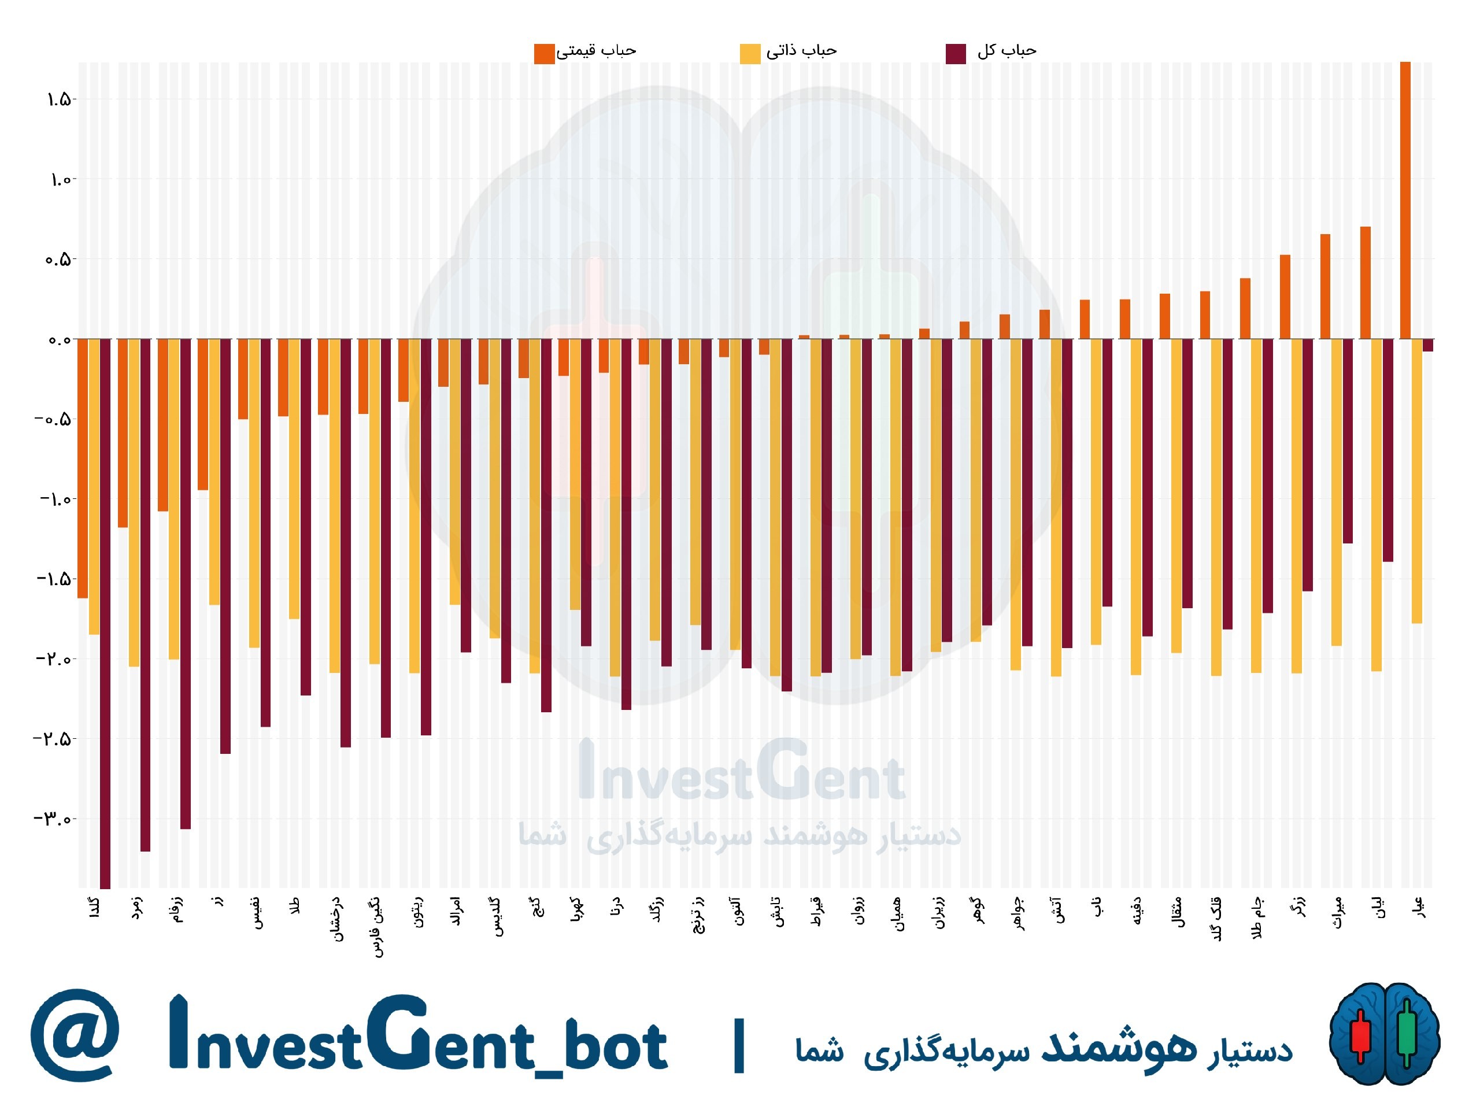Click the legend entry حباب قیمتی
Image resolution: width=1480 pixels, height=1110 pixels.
tap(586, 52)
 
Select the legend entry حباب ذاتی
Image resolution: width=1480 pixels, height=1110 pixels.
tap(788, 52)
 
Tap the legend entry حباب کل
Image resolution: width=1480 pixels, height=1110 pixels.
tap(991, 52)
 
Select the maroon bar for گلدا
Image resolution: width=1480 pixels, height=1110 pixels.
tap(105, 613)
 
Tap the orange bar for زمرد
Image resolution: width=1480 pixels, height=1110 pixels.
tap(123, 433)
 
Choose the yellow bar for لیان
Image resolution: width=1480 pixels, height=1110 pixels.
tap(1377, 505)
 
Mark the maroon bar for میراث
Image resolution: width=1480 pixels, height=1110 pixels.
tap(1348, 441)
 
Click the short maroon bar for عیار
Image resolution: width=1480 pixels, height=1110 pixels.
tap(1428, 345)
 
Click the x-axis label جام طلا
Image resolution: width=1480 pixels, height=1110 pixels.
tap(1256, 919)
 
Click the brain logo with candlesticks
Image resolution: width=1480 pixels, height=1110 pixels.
tap(1383, 1034)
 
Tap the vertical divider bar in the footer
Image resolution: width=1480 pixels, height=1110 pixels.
tap(739, 1045)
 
